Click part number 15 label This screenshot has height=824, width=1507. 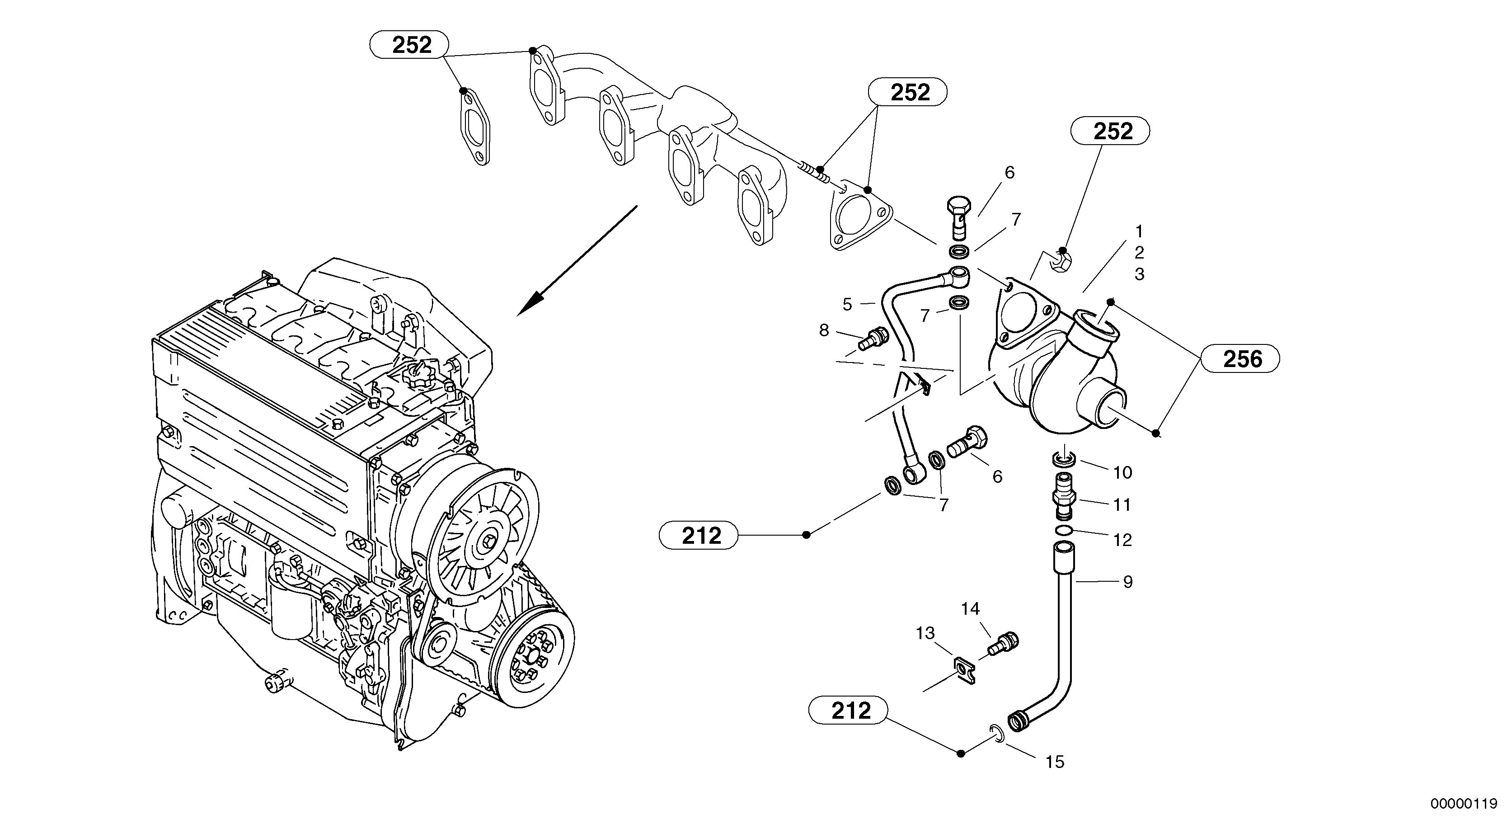(x=1054, y=762)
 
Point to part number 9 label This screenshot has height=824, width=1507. (x=1127, y=582)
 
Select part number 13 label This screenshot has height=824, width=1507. (x=925, y=633)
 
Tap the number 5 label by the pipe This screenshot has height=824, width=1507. (x=847, y=304)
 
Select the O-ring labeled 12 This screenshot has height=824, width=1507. (x=1064, y=530)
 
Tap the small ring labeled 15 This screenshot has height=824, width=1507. (x=997, y=733)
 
